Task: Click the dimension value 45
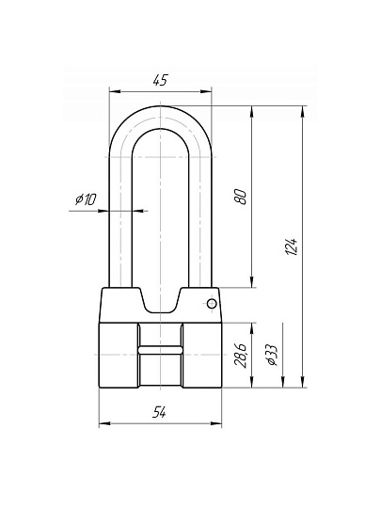point(161,80)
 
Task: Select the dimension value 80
point(241,197)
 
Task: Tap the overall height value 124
point(292,246)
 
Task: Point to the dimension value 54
point(159,412)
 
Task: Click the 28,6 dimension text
point(241,355)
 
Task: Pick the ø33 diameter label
point(272,355)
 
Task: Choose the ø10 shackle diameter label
point(86,198)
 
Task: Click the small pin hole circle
point(212,304)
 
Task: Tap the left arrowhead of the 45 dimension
point(115,91)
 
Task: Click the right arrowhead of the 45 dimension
point(206,91)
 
